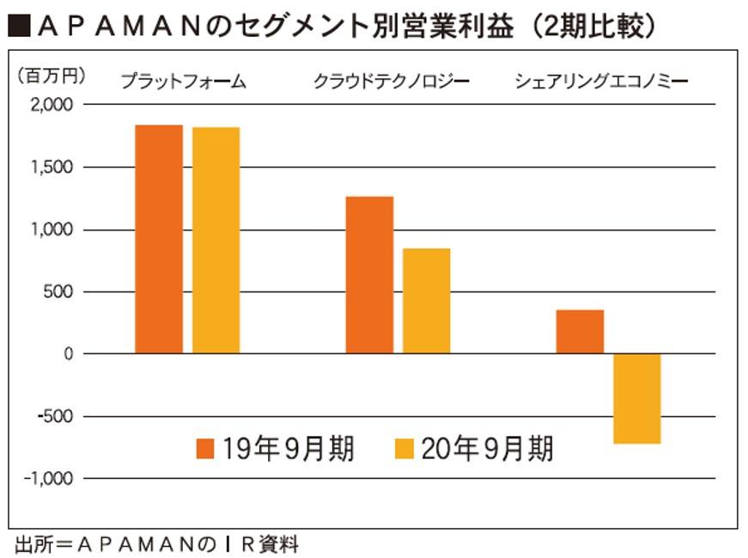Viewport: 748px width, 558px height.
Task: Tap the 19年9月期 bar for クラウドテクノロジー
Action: click(369, 275)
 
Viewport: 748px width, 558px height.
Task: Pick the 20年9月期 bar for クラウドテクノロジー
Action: click(426, 301)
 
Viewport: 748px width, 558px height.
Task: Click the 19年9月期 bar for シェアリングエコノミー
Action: click(580, 332)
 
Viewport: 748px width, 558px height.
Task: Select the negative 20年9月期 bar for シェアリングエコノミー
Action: click(636, 398)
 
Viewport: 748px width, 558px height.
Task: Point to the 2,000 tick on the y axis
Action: click(53, 105)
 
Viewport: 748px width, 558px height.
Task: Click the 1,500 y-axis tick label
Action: click(54, 168)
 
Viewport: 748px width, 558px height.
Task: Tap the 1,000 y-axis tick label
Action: click(54, 230)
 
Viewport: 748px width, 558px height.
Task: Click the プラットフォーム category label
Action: click(183, 83)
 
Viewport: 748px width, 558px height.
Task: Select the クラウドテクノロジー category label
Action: click(392, 83)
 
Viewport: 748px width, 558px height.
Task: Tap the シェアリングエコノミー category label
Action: click(603, 83)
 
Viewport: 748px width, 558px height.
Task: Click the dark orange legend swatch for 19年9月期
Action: click(205, 449)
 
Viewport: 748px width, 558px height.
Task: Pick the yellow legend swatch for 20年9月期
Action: click(404, 449)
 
